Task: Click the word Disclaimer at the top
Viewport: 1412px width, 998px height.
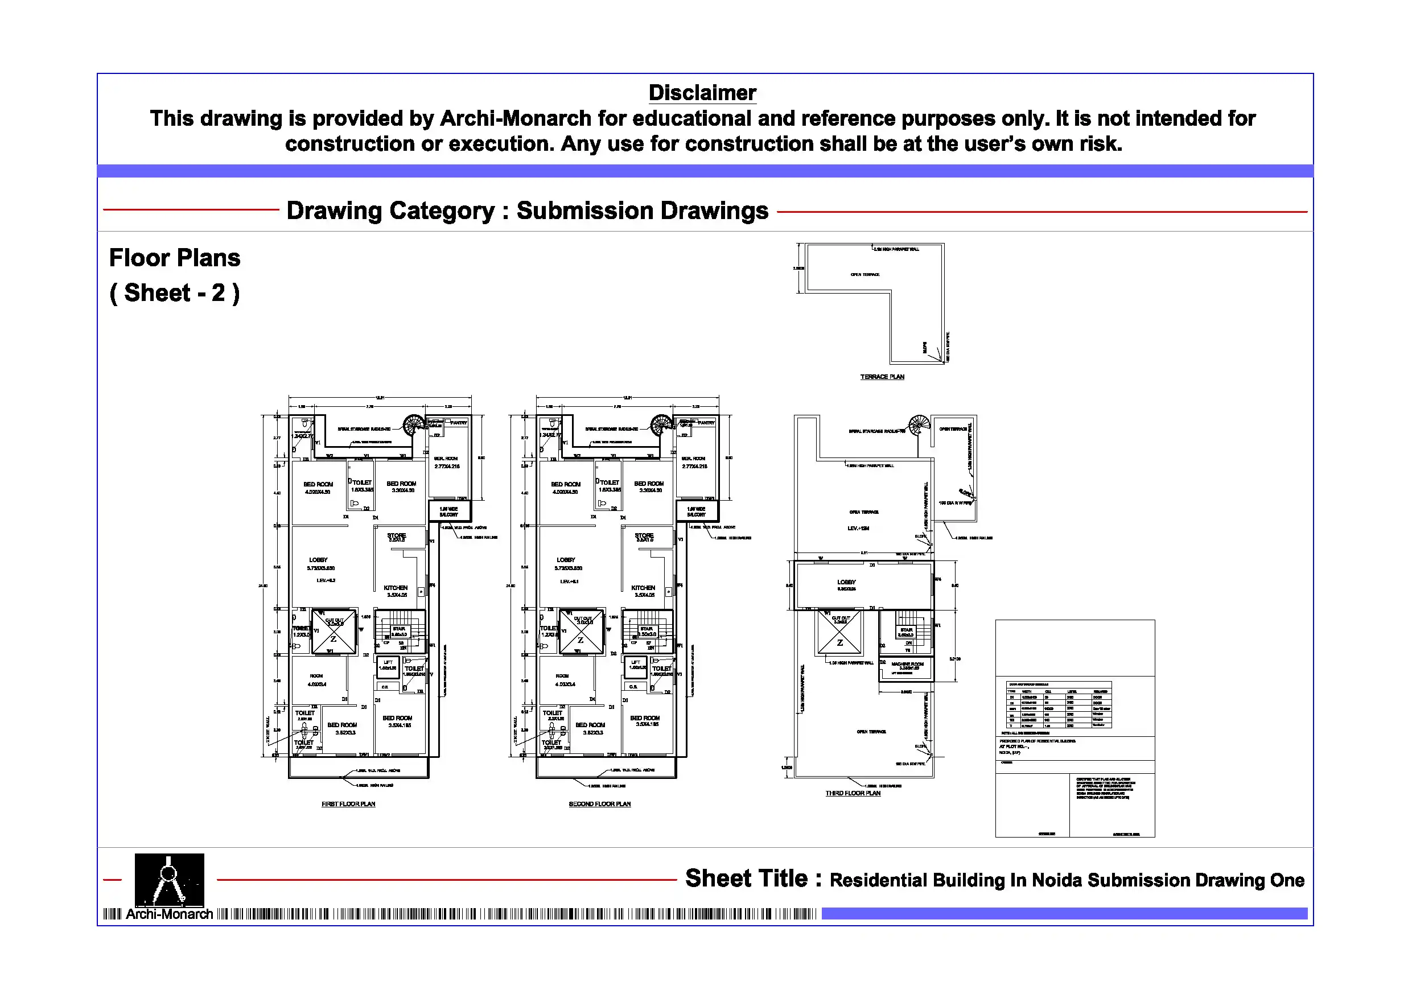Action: coord(702,93)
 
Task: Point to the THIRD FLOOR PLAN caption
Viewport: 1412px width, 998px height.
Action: coord(853,793)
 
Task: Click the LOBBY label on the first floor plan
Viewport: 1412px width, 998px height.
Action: coord(318,560)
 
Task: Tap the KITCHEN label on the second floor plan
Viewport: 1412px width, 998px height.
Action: coord(643,588)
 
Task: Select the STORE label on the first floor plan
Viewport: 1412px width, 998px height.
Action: coord(396,535)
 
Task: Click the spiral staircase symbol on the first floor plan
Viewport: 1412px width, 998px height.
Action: coord(413,424)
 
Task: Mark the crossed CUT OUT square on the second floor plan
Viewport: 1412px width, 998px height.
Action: coord(581,632)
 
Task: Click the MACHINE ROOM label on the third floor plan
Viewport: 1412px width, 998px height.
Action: coord(907,664)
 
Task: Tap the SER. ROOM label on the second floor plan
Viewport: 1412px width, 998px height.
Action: coord(693,459)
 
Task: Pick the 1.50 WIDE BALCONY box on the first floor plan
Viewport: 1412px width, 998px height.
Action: coord(449,511)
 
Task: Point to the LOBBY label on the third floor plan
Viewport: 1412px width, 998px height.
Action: coord(846,582)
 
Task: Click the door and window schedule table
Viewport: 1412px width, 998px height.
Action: coord(1059,704)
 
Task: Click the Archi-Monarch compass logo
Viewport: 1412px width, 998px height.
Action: coord(169,879)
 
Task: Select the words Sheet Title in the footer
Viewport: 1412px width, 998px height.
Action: coord(746,879)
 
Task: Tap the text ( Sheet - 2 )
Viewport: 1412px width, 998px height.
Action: coord(175,294)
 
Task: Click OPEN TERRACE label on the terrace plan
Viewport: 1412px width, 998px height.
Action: coord(865,275)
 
